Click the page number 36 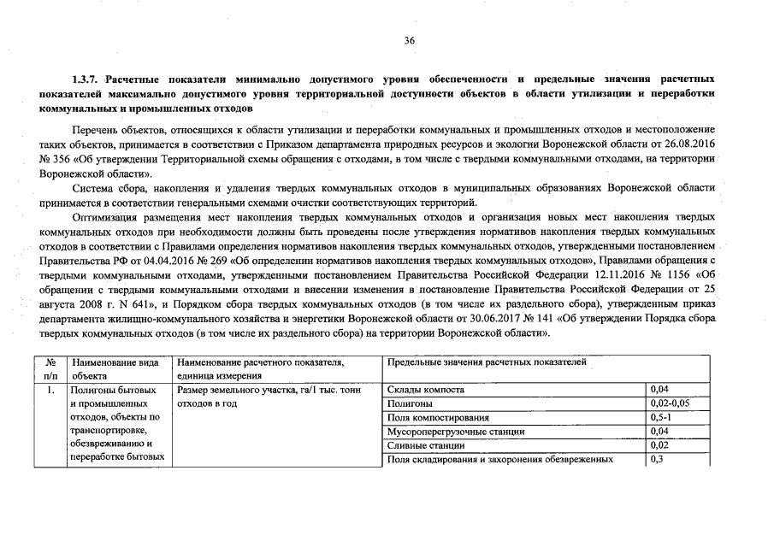(409, 40)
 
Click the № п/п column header (50, 368)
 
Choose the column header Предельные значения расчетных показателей (487, 363)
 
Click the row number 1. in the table (51, 390)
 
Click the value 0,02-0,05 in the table (669, 403)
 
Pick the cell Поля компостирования (438, 418)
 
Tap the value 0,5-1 (661, 418)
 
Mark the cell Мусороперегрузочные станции (455, 432)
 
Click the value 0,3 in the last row (657, 460)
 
